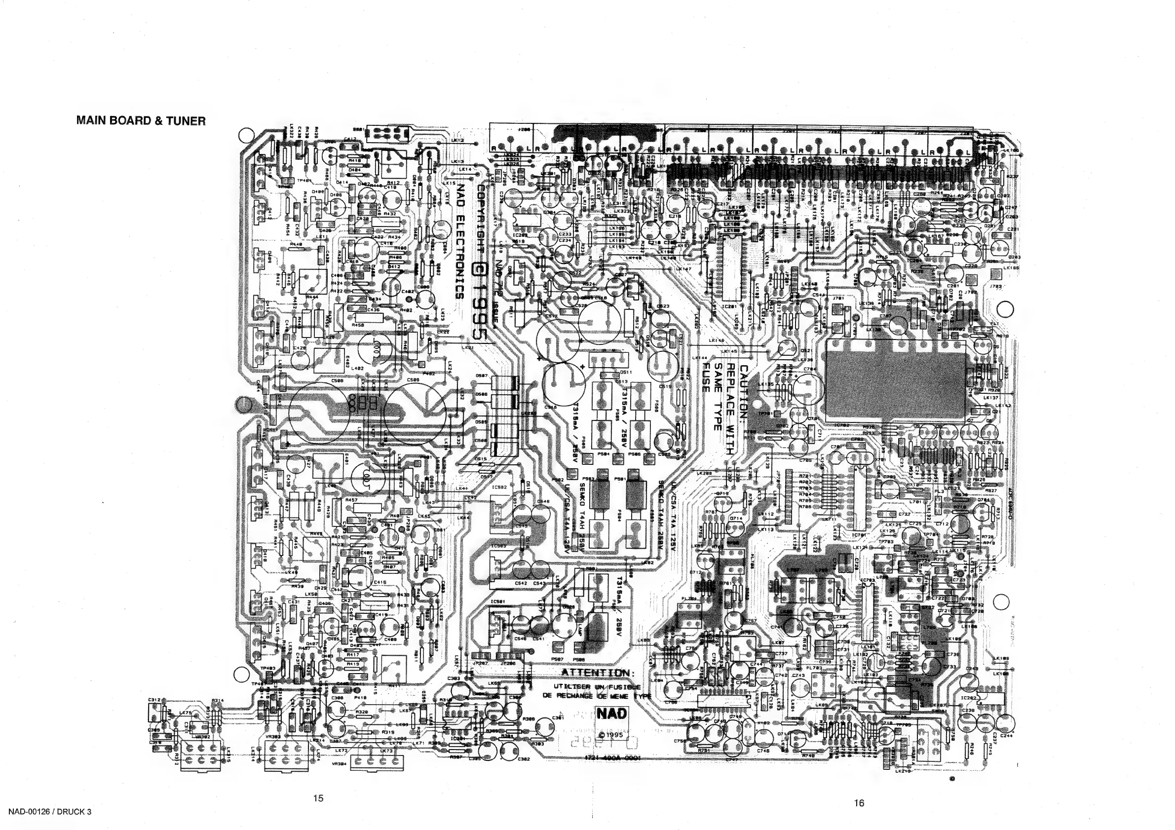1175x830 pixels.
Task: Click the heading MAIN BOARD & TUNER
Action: coord(141,121)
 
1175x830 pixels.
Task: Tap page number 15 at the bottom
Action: coord(318,798)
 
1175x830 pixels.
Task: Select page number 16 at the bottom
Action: coord(859,803)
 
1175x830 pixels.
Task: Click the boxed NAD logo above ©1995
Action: coord(611,714)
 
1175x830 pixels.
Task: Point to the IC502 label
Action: coord(499,488)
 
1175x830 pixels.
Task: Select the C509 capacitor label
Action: coord(414,380)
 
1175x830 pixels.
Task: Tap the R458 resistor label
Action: coord(358,324)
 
